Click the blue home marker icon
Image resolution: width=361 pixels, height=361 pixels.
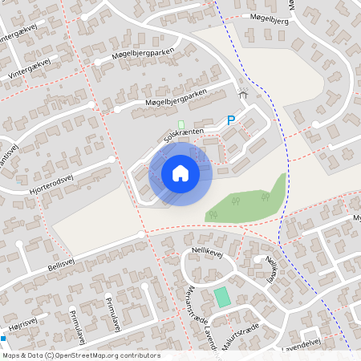[x=180, y=172]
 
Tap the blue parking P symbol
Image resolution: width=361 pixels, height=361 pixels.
[x=231, y=120]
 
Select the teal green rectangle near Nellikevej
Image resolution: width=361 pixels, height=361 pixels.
[x=221, y=295]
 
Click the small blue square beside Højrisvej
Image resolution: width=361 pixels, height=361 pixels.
[x=3, y=338]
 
